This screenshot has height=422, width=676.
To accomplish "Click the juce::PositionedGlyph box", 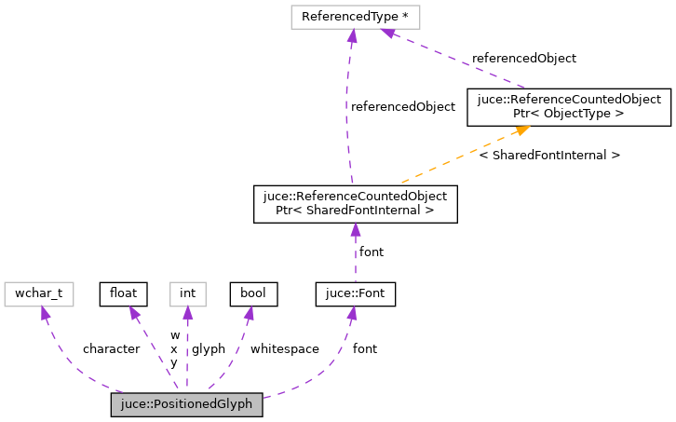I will [x=186, y=405].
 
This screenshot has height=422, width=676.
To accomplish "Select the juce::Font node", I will [x=356, y=293].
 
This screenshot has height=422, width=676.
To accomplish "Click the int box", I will [x=187, y=293].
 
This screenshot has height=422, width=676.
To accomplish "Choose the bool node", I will [x=253, y=293].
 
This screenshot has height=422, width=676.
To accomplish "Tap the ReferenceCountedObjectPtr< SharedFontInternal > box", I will [x=355, y=203].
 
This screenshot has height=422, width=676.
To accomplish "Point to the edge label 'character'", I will [x=111, y=349].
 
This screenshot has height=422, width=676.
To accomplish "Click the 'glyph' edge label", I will [x=209, y=349].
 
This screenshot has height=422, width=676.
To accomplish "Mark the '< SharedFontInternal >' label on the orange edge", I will [x=549, y=155].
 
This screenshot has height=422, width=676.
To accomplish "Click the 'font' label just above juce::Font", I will [x=372, y=252].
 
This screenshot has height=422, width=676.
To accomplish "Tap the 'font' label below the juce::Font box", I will [x=365, y=349].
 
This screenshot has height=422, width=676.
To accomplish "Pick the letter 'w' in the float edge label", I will [x=174, y=335].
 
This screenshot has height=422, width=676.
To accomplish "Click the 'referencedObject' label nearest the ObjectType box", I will [x=523, y=58].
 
